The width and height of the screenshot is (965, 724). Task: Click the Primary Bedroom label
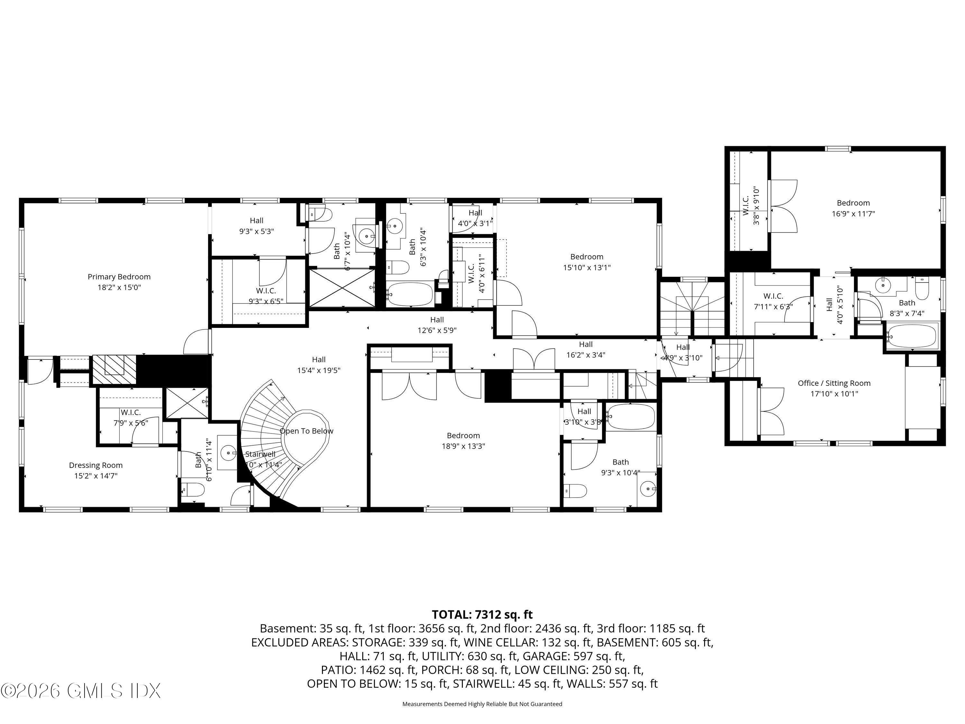[x=119, y=277]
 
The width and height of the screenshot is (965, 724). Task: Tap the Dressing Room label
[x=96, y=465]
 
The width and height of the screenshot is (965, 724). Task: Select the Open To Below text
[x=306, y=431]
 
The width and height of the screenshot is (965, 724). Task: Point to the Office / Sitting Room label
[x=834, y=383]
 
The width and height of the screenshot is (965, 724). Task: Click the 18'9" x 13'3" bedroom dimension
[x=463, y=446]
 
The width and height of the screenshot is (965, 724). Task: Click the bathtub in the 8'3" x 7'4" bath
[x=912, y=336]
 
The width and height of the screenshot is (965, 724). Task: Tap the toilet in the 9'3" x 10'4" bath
[x=574, y=491]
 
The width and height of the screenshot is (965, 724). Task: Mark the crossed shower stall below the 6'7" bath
[x=342, y=288]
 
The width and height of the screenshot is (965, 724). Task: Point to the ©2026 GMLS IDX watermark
[x=81, y=691]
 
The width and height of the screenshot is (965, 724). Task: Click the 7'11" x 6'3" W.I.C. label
[x=773, y=301]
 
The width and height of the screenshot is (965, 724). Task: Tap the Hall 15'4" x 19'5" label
[x=318, y=365]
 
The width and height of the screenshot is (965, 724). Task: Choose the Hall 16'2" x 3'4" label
[x=585, y=349]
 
